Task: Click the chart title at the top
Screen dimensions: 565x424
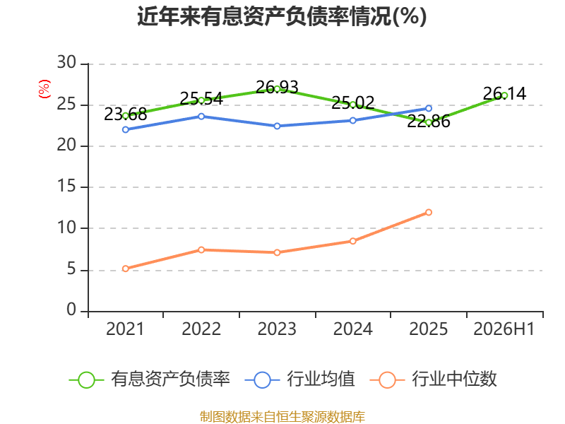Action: point(282,16)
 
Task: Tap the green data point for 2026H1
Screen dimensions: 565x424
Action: point(504,95)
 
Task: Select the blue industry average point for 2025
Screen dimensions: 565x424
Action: point(429,108)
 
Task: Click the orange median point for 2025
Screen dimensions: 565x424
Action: point(429,213)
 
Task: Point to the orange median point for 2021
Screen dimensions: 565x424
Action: point(126,269)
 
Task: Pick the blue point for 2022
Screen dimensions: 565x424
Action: point(201,117)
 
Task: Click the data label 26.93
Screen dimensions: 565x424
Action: point(277,88)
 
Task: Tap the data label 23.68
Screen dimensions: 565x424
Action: point(126,114)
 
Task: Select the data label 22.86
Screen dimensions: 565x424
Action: point(429,122)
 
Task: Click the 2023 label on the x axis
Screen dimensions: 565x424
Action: point(277,329)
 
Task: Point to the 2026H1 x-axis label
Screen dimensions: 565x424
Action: point(504,329)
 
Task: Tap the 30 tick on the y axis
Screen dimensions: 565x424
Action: point(66,62)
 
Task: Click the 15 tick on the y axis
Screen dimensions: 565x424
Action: point(66,187)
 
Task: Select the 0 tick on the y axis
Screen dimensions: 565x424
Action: point(71,310)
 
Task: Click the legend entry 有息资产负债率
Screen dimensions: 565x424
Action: point(150,379)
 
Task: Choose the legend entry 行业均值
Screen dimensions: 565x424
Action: point(299,379)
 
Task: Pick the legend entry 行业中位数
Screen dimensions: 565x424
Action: point(434,379)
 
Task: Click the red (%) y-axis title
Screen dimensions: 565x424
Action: point(44,89)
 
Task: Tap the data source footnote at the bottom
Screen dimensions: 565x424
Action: point(282,417)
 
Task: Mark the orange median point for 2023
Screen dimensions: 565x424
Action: point(277,252)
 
